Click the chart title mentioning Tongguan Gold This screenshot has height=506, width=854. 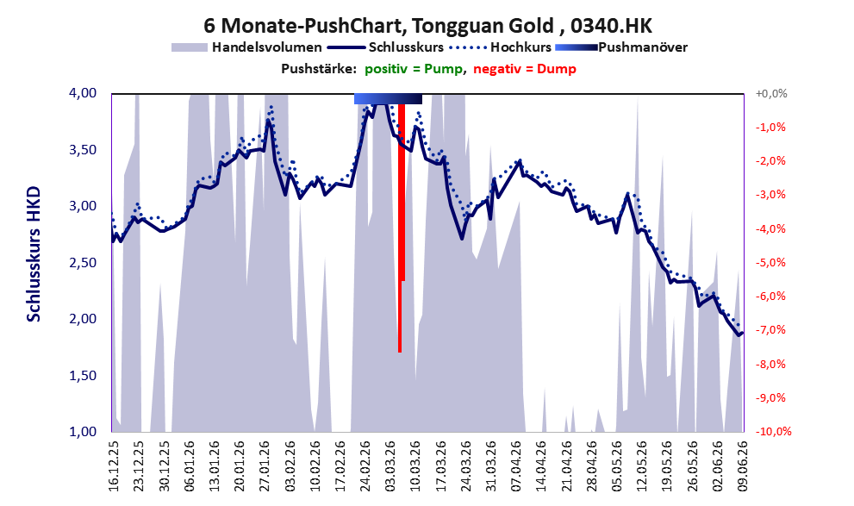coord(427,25)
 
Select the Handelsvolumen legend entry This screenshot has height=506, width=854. coord(246,47)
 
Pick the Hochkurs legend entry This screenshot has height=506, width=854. coord(501,47)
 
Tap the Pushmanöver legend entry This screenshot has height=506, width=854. coord(621,47)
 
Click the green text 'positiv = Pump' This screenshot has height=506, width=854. coord(414,69)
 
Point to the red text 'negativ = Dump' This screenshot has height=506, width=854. coord(525,69)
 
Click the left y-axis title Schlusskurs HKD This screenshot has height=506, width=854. coord(34,254)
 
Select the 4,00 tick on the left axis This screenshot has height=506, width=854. coord(83,93)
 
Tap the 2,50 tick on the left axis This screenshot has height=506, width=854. coord(83,263)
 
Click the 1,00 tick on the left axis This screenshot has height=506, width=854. coord(83,431)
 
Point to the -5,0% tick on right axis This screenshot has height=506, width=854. coord(770,263)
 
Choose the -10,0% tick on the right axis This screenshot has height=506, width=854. coord(773,431)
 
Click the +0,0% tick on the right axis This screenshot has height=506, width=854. coord(771,94)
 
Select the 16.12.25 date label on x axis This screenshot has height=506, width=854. coord(113,465)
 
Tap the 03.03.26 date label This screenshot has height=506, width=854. coord(390,465)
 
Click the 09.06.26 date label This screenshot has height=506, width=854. coord(742,465)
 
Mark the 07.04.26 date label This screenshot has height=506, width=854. coord(516,465)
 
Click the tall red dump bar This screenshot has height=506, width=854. coord(400,228)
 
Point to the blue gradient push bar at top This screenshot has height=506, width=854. coord(388,98)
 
